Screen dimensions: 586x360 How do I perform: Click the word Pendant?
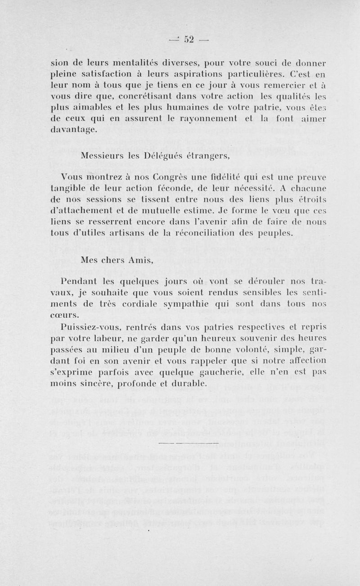[81, 283]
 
